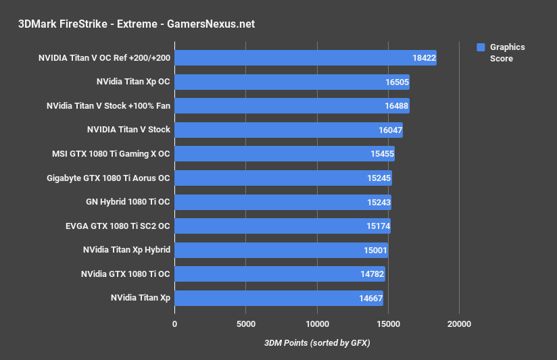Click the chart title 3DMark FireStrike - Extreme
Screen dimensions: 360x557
tap(137, 24)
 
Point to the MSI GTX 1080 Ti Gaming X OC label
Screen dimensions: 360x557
tap(111, 154)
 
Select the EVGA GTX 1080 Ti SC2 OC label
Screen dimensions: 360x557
tap(113, 226)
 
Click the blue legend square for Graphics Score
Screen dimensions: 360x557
tap(481, 47)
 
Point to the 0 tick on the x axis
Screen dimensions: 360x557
tap(174, 324)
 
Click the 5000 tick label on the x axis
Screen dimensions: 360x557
tap(245, 324)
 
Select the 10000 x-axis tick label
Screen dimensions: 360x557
tap(317, 324)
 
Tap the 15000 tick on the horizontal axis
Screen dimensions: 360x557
tap(388, 324)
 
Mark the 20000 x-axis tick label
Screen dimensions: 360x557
tap(459, 324)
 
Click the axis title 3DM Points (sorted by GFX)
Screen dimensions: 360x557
tap(317, 343)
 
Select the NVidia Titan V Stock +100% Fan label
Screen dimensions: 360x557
tap(108, 106)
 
